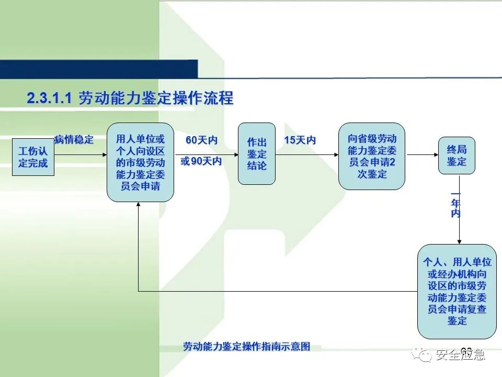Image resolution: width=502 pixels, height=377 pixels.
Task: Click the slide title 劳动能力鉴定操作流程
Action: point(156,98)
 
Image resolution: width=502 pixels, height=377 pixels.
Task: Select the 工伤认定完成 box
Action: point(33,157)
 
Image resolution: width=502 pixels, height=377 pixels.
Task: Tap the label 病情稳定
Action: point(74,140)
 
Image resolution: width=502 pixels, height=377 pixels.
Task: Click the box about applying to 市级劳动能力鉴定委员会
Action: point(140,162)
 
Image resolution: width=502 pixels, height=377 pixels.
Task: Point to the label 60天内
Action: point(202,140)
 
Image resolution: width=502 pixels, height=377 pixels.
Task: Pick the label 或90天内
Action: point(201,161)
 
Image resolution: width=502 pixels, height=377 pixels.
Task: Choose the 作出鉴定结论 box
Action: point(257,154)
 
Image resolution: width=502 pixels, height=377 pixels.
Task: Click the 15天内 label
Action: point(300,140)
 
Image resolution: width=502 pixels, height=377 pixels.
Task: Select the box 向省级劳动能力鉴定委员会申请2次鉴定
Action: point(372,156)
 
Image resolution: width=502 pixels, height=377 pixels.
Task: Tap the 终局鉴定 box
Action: point(457,156)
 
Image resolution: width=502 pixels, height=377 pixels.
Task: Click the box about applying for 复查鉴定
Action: point(457,291)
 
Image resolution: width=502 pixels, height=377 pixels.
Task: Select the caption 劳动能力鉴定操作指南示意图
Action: point(247,347)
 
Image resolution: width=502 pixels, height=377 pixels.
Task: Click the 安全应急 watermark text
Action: point(460,355)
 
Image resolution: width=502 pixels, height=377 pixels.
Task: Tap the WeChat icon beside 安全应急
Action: point(421,355)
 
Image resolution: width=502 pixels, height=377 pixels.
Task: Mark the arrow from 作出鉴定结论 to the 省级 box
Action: point(307,155)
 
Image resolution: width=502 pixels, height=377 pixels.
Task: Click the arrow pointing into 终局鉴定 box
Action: point(422,155)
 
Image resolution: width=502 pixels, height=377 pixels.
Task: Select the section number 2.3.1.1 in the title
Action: point(49,98)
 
